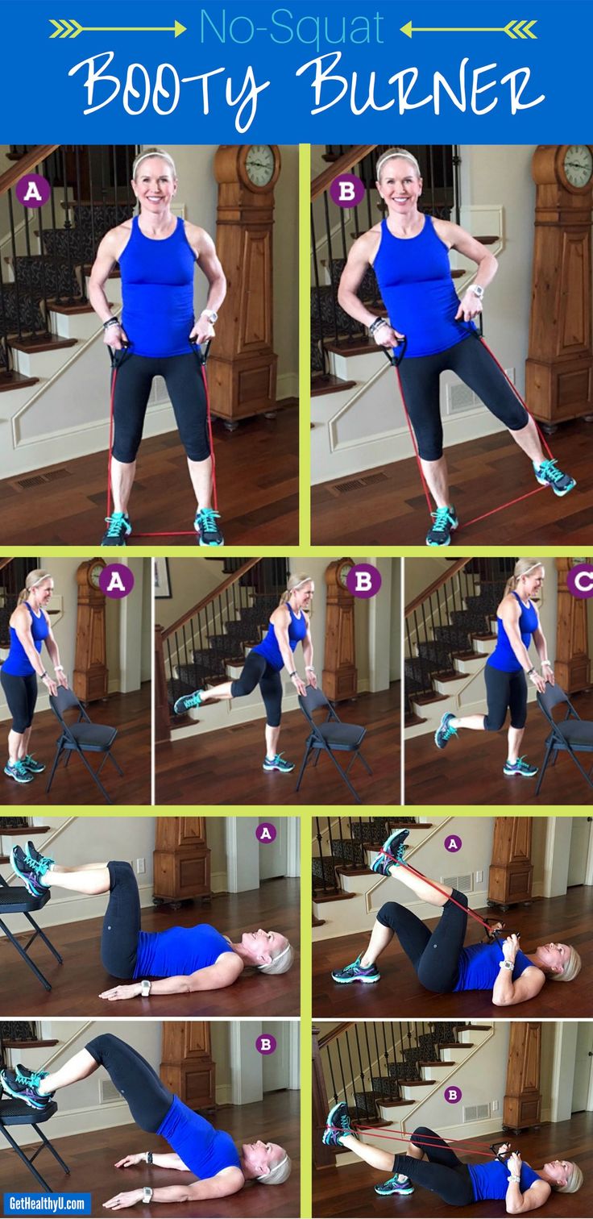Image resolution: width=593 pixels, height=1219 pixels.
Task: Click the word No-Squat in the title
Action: (x=292, y=28)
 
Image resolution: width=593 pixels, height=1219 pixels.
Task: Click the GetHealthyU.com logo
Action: (x=47, y=1201)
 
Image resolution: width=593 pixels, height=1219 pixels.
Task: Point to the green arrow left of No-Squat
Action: (x=118, y=29)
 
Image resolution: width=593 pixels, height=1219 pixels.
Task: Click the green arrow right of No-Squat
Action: (x=469, y=29)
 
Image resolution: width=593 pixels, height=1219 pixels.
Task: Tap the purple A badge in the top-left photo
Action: (x=33, y=192)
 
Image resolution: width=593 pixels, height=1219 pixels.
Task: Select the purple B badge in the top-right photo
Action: (x=346, y=191)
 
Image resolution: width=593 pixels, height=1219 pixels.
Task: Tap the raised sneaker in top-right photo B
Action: (x=554, y=478)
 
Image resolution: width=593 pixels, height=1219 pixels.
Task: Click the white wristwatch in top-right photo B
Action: (x=476, y=291)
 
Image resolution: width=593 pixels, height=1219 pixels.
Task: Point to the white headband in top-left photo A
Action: (x=154, y=156)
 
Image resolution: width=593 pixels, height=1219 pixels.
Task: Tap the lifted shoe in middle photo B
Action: (x=189, y=701)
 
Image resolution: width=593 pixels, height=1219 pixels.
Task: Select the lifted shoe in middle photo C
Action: (x=446, y=730)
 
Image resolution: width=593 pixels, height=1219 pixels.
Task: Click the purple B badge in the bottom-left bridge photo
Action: (x=266, y=1044)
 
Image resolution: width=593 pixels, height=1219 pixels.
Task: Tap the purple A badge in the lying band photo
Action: (x=453, y=843)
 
